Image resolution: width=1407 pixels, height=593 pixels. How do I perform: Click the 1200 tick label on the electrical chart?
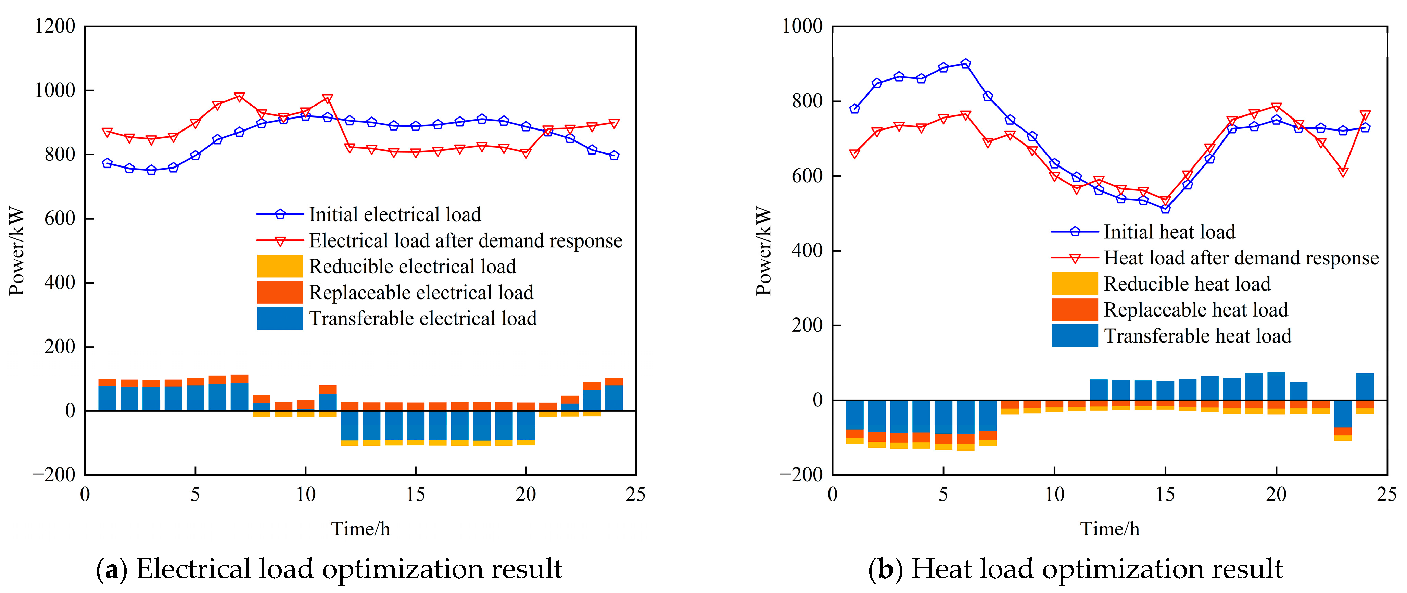tap(55, 26)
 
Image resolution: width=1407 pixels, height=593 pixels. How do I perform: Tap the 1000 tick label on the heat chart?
tap(802, 26)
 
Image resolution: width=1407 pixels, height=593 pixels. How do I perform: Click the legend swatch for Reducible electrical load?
tap(280, 266)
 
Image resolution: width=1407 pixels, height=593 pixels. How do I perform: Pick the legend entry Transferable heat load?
tap(1197, 336)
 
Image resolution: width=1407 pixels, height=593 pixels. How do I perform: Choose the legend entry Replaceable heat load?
tap(1196, 310)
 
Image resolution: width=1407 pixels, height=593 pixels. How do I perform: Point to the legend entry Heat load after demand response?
tap(1241, 258)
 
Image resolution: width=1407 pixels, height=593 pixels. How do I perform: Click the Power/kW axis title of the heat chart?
tap(764, 251)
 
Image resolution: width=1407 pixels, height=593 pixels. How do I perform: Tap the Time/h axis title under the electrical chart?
tap(360, 529)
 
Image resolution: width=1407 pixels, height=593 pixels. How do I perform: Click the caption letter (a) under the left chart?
tap(111, 569)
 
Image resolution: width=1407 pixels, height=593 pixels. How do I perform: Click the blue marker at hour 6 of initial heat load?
tap(966, 63)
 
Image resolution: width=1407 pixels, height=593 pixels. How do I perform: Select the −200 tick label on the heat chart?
tap(801, 474)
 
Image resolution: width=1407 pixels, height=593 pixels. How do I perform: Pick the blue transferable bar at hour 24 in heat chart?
tap(1365, 387)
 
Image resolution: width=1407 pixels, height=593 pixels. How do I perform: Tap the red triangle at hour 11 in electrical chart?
tap(328, 99)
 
